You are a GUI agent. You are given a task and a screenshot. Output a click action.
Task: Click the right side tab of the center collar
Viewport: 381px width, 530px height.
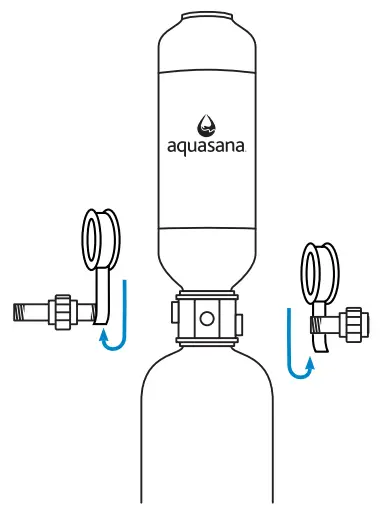[240, 318]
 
